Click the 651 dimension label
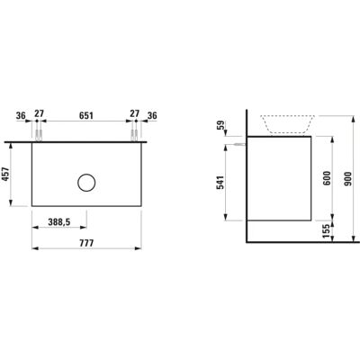(x=86, y=115)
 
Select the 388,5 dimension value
(x=59, y=222)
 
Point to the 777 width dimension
(x=86, y=243)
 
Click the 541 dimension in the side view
(x=220, y=183)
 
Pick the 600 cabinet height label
(x=328, y=178)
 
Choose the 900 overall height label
(x=348, y=179)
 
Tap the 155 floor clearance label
(x=327, y=231)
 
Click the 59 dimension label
(x=220, y=125)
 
